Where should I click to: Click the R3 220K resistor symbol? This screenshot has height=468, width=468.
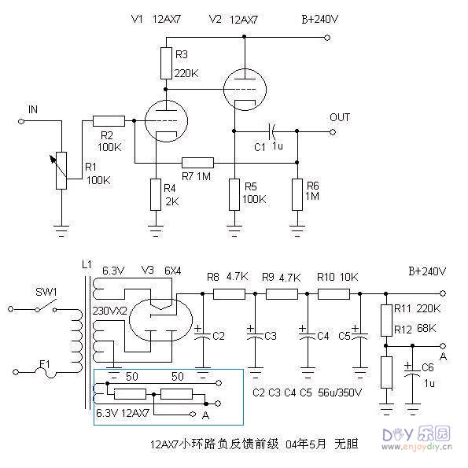(165, 63)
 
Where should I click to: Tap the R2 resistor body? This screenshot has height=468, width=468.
(109, 120)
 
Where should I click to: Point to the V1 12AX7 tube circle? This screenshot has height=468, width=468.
(164, 122)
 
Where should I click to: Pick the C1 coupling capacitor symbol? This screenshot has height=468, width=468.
(272, 130)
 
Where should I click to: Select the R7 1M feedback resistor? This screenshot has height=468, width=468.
(197, 163)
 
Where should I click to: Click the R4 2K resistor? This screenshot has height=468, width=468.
(157, 194)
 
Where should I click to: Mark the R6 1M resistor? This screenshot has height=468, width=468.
(297, 194)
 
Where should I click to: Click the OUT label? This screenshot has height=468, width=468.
(340, 117)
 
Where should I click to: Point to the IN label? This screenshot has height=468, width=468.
(32, 109)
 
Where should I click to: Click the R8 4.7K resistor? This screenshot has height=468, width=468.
(230, 294)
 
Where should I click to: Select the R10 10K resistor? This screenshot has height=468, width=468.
(333, 294)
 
